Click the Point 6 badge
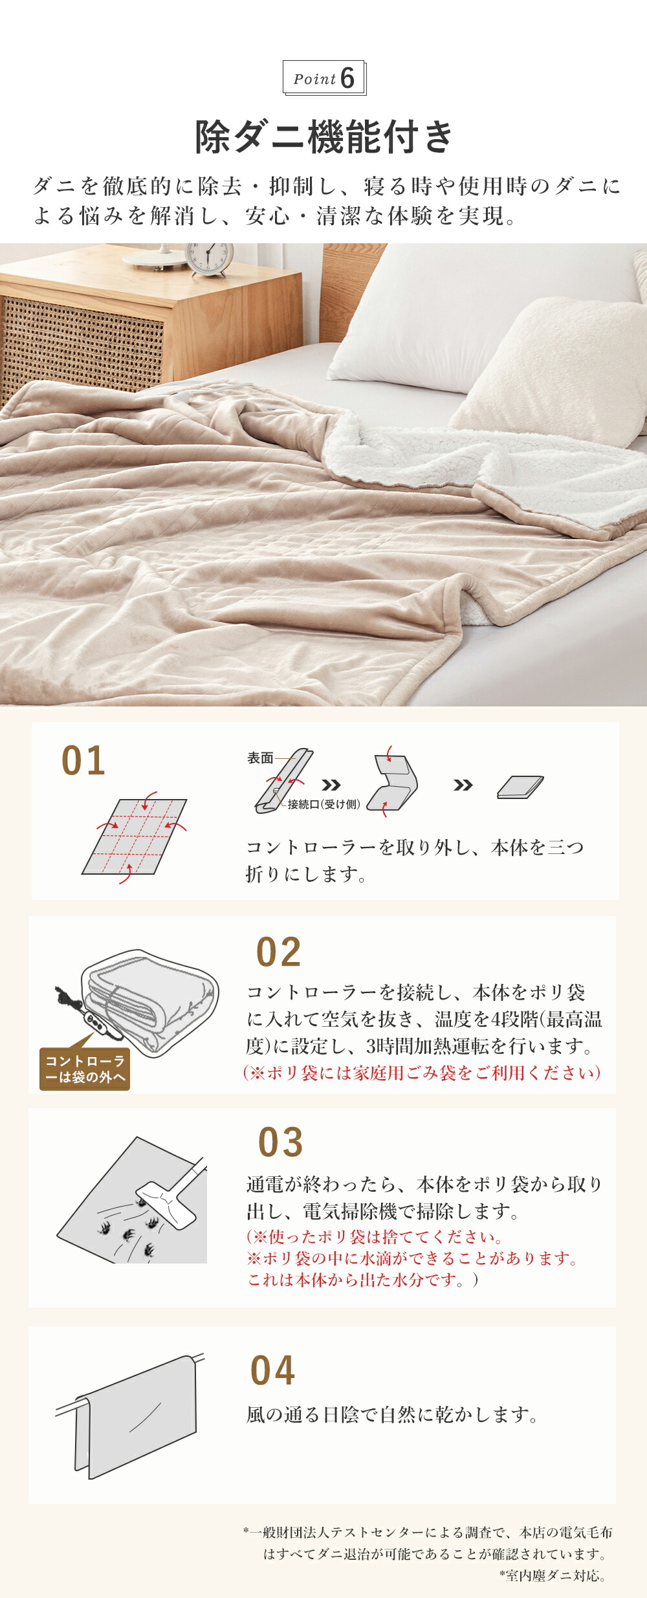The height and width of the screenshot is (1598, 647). pos(324,78)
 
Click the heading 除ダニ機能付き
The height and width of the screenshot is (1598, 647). pos(324,137)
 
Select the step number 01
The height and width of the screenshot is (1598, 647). pos(83,761)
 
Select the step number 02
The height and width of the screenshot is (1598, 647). pos(279,952)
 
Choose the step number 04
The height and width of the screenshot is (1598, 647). pos(273,1371)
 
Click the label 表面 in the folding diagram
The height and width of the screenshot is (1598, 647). pos(260,758)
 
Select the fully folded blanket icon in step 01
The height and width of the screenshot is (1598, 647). pos(520,787)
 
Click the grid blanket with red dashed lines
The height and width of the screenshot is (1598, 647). pos(135,837)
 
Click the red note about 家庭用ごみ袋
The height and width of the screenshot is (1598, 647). pos(422,1073)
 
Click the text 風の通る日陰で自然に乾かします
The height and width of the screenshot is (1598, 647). pos(392,1415)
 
